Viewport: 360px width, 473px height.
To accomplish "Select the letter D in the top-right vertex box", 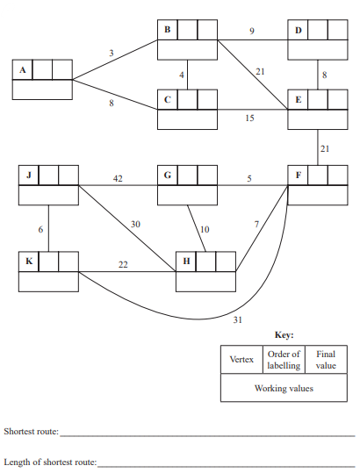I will pos(299,31).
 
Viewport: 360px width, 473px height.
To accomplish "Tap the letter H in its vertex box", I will pos(185,262).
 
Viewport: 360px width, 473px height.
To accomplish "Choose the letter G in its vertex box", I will pos(168,175).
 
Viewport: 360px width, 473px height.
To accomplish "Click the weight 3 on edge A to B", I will pos(111,54).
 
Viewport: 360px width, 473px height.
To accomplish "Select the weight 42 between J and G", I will pos(118,179).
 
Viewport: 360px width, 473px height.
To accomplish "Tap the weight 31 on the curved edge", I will pos(237,319).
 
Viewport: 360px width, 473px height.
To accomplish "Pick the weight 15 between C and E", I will pos(250,118).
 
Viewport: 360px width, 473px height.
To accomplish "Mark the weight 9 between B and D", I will pos(252,32).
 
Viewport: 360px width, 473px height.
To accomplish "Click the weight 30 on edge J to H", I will pos(135,225).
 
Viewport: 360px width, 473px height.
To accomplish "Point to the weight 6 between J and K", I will pos(40,229).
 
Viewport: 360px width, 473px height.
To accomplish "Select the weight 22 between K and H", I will pos(124,264).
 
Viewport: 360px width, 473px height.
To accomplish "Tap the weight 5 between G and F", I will pos(248,179).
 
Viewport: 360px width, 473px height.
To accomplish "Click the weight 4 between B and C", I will pos(182,75).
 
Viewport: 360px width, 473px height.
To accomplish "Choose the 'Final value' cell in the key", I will pos(326,360).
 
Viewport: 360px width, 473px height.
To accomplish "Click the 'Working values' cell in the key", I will pos(284,388).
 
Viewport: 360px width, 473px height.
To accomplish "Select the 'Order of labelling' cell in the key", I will pos(284,360).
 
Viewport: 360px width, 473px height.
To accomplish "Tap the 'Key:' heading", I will pos(284,335).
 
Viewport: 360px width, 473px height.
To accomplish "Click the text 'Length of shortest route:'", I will pos(50,461).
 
